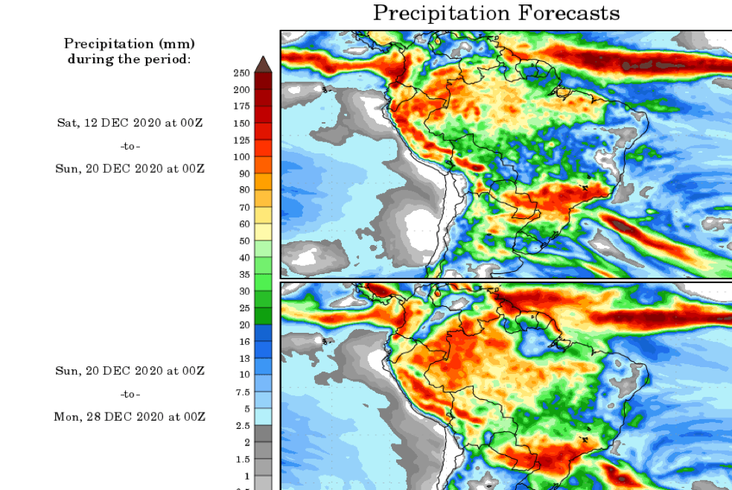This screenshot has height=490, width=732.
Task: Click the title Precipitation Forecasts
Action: [x=496, y=13]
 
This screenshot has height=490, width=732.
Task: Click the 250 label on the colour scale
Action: [x=241, y=73]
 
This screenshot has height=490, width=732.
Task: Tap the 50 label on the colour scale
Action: [x=244, y=241]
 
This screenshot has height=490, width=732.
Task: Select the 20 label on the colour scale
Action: [x=244, y=325]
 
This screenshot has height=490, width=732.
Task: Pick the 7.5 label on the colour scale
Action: [x=242, y=392]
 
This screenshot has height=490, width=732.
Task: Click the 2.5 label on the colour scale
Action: [x=242, y=425]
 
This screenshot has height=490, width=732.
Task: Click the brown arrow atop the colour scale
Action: [x=263, y=64]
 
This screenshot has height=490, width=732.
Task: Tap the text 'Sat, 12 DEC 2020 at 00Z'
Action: [x=130, y=122]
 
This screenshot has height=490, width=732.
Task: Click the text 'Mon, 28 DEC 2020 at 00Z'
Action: [x=130, y=417]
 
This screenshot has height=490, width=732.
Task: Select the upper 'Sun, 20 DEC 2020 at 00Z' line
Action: [x=130, y=169]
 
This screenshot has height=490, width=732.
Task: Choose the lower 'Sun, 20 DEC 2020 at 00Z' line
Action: [x=130, y=371]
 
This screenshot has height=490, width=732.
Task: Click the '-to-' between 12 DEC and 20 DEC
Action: [x=130, y=146]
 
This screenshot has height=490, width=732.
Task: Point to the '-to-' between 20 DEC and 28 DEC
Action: [x=130, y=394]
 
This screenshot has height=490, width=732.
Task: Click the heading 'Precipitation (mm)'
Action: [x=130, y=44]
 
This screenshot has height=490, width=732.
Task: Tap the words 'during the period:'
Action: [x=130, y=59]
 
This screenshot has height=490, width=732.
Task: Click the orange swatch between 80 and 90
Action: [x=263, y=182]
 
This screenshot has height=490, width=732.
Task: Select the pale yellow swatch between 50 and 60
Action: [x=263, y=232]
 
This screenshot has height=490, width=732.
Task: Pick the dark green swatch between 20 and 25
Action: [x=263, y=316]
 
